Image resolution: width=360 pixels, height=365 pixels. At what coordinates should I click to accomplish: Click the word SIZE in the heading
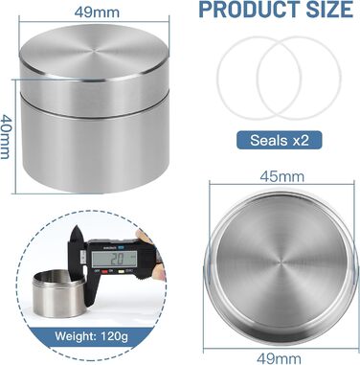(329, 10)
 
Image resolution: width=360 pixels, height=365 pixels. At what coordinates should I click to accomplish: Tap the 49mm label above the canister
(97, 12)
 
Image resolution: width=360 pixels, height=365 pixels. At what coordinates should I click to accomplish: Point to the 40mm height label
(6, 137)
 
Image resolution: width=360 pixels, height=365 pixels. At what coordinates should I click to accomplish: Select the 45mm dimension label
(282, 176)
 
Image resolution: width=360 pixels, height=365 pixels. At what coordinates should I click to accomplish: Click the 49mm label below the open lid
(279, 358)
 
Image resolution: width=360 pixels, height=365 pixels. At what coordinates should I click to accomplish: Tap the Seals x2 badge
(280, 140)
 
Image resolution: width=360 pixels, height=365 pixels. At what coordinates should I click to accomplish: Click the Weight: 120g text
(91, 336)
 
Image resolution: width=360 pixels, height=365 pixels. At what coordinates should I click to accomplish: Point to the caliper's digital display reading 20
(114, 259)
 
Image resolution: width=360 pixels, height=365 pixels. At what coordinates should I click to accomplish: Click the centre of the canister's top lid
(94, 51)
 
